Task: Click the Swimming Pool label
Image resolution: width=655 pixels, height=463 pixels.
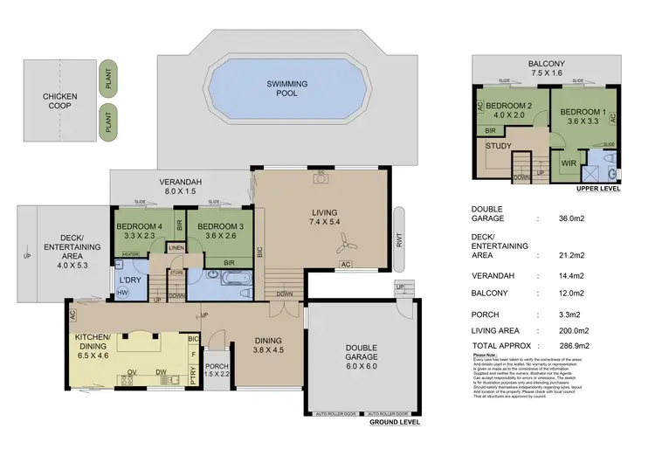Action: [282, 88]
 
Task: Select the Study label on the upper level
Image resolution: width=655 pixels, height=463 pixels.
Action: [499, 146]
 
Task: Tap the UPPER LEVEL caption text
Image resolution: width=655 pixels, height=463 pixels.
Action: [598, 188]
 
